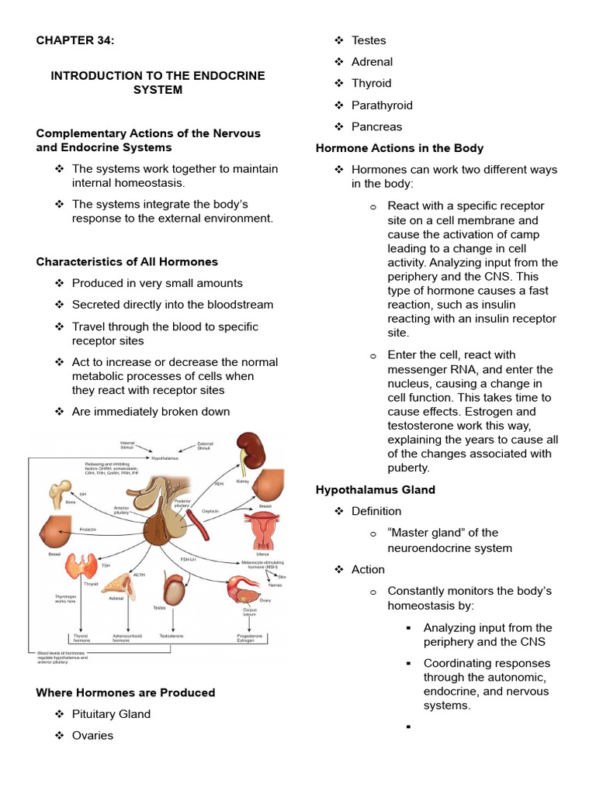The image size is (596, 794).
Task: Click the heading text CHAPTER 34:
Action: tap(74, 41)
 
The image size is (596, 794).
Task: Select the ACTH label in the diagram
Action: tap(139, 575)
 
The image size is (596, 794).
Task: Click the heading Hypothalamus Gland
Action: tap(376, 490)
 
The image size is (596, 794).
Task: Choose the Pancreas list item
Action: tap(376, 126)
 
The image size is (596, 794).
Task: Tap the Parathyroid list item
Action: tap(382, 105)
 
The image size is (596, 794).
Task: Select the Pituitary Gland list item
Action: tap(111, 713)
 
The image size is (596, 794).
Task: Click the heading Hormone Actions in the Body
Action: tap(400, 148)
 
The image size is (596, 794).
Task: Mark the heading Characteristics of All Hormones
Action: tap(127, 262)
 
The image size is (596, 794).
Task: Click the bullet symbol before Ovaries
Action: tap(59, 735)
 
